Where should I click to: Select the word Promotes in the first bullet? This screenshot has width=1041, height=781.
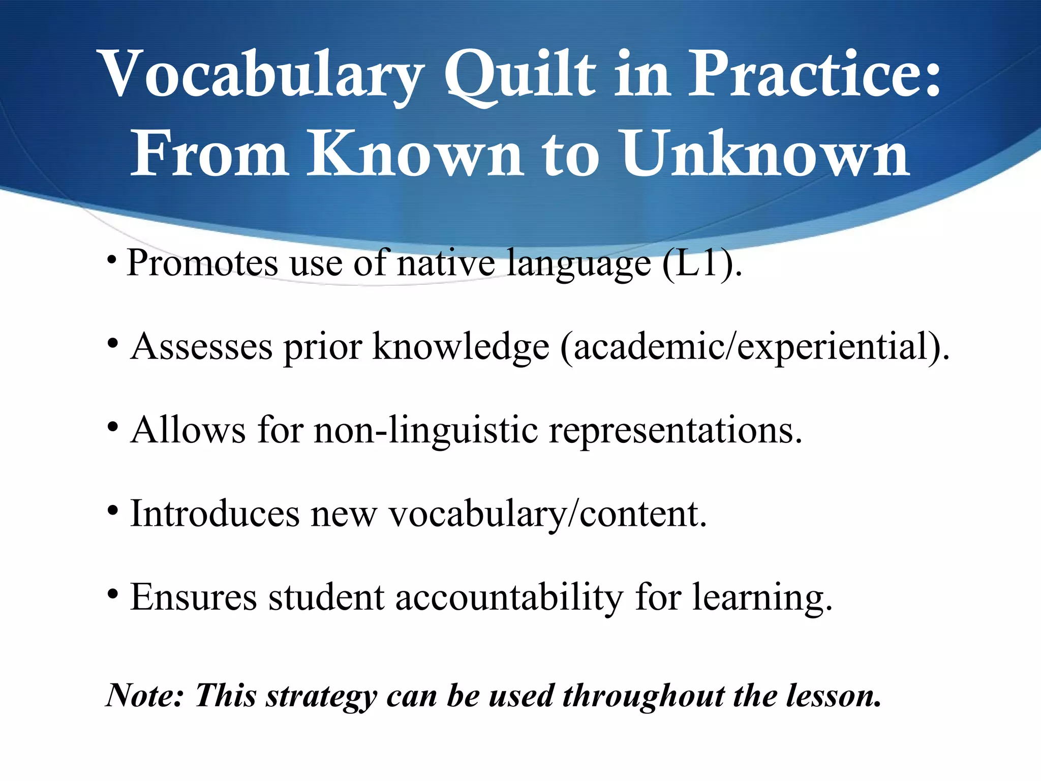tap(202, 263)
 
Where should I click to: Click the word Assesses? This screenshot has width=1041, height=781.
tap(201, 347)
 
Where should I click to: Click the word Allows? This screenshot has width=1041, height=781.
tap(188, 430)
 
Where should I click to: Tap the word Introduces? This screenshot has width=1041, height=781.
tap(215, 514)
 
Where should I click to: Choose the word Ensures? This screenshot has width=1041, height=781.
tap(193, 597)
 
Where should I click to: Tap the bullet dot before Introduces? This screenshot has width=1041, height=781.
tap(113, 510)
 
